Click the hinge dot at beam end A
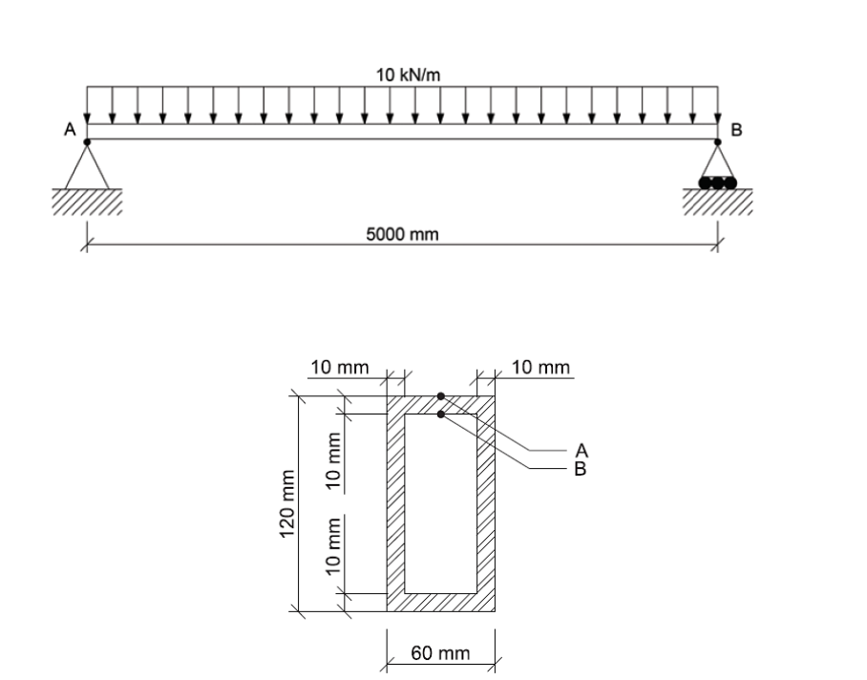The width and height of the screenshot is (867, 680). (87, 141)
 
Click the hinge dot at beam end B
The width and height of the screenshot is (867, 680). (718, 141)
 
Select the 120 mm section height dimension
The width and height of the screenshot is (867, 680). (285, 502)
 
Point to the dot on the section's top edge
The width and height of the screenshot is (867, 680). (440, 394)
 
